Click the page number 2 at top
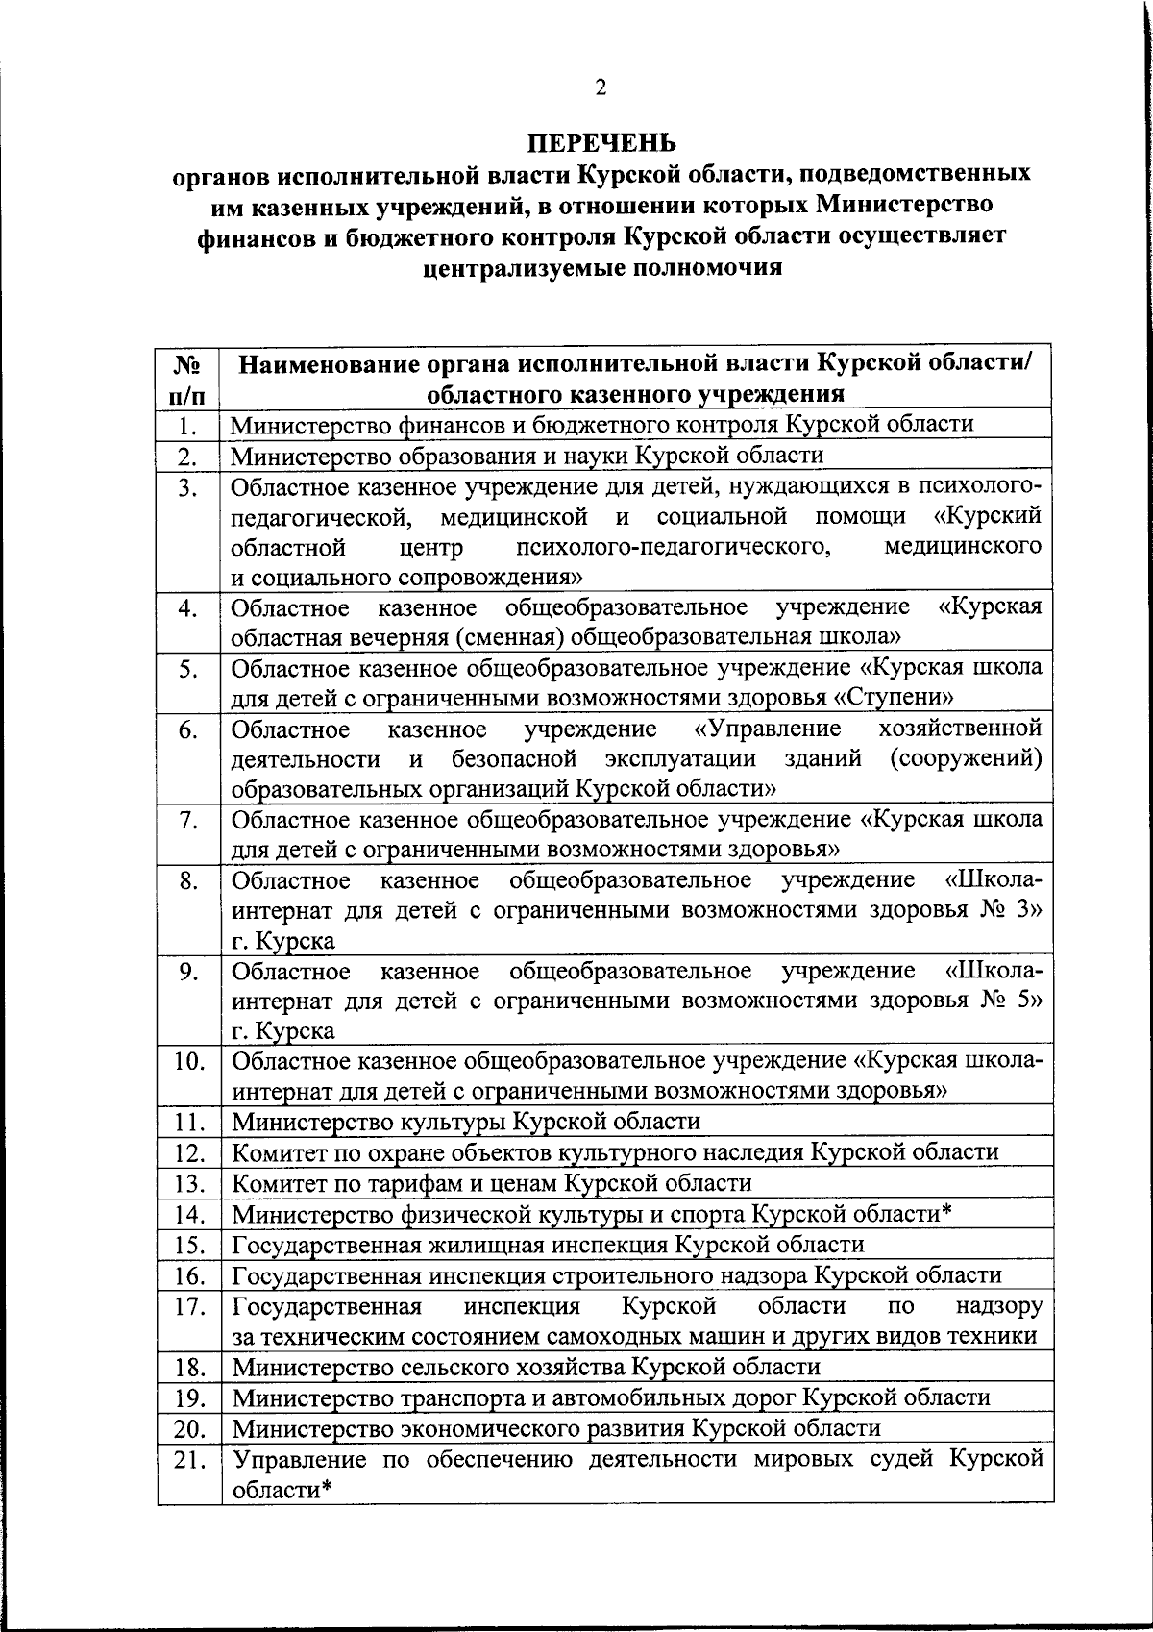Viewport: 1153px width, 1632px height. (601, 88)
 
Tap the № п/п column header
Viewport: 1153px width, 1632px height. (188, 379)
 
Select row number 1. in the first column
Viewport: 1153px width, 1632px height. (188, 425)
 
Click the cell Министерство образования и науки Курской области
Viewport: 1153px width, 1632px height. (527, 456)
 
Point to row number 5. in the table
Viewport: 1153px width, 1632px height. (188, 669)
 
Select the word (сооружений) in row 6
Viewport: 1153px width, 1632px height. (966, 758)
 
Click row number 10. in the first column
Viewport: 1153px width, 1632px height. (190, 1062)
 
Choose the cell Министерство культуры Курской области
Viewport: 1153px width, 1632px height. (466, 1122)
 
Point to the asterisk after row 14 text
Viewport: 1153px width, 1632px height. (945, 1211)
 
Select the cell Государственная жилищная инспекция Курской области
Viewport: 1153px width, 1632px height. (548, 1245)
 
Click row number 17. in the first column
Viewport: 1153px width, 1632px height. (190, 1306)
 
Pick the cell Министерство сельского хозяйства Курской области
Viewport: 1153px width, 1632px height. (526, 1367)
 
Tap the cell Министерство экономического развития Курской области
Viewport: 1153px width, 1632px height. (555, 1428)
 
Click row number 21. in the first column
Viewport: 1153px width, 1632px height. (190, 1460)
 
